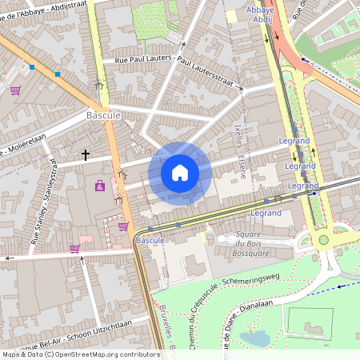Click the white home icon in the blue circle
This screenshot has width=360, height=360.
click(180, 172)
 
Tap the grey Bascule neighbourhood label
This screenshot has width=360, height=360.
click(102, 115)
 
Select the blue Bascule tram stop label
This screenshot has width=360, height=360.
click(150, 240)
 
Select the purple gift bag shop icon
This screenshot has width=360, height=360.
click(99, 186)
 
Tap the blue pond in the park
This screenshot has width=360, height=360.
click(255, 338)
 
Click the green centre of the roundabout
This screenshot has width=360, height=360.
click(323, 239)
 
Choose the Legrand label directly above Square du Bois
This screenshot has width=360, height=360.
click(266, 214)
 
